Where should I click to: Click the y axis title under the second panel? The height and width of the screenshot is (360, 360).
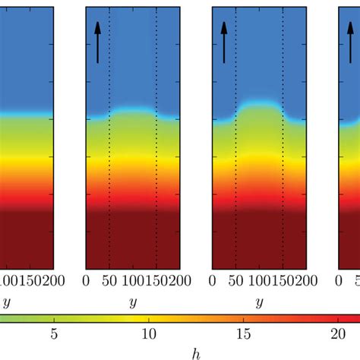[133, 302]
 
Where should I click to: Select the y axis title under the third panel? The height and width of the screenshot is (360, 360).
[259, 302]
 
